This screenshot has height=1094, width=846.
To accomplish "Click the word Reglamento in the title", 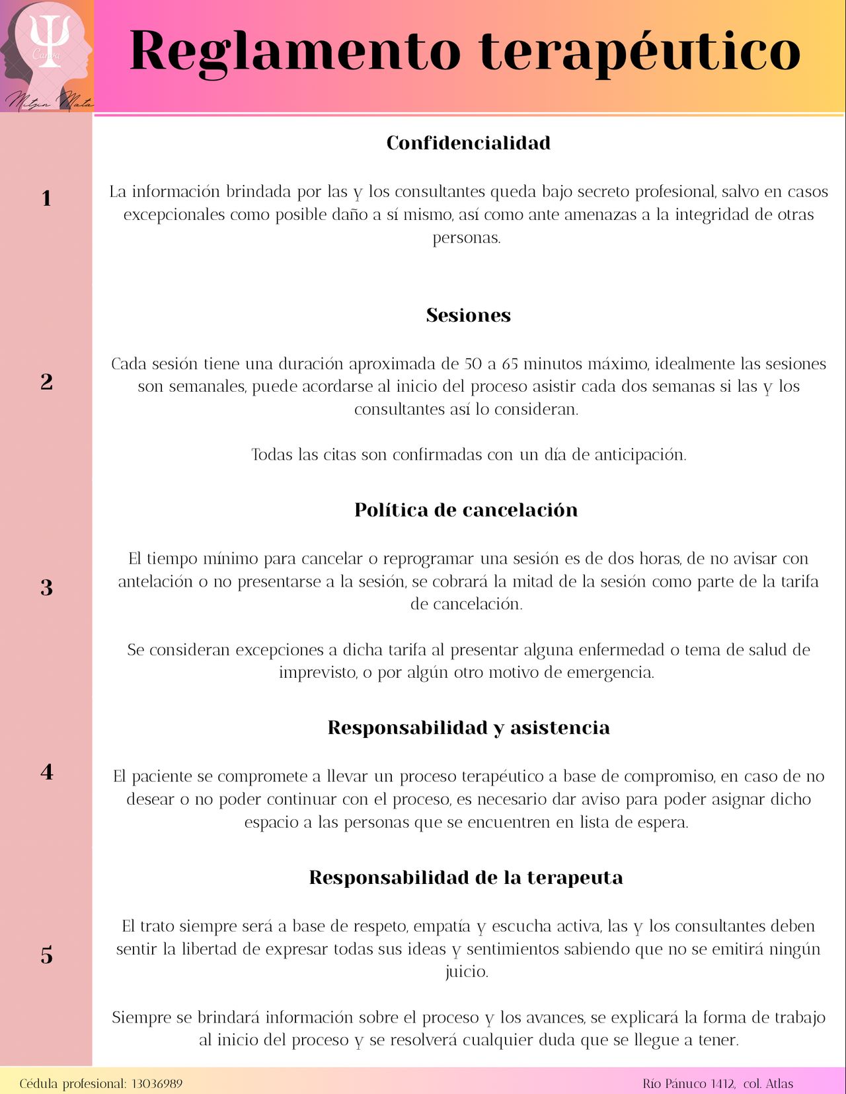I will coord(295,52).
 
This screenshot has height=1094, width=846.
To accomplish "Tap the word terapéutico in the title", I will coord(639,52).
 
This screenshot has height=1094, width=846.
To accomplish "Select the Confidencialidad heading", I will coord(468,143).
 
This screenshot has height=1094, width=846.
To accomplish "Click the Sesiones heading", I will coord(468,315).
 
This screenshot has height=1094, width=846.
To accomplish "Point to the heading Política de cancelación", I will coord(466,510).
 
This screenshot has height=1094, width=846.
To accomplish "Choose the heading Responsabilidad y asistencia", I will coord(469,728).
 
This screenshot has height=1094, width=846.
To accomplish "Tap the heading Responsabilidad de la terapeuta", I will coord(466,878).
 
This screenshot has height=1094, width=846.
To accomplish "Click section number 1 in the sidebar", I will coord(46,198).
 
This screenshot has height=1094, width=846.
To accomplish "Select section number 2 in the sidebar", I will coord(46,382).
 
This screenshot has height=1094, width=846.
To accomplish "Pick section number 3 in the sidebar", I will coord(46,587).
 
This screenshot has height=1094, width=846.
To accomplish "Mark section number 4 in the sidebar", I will coord(46,772).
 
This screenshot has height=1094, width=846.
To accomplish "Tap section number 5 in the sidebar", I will coord(46,955).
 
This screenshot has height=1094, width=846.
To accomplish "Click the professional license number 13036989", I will coord(157,1083).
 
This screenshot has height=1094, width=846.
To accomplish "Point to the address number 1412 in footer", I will coord(722,1083).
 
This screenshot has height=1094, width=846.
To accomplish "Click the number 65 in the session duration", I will coord(510,364).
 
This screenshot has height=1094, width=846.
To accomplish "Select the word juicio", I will coord(466,972).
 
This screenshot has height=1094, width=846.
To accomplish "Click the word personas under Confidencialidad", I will coord(466,238).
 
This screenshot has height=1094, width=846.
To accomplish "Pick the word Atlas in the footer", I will coord(779,1083).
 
